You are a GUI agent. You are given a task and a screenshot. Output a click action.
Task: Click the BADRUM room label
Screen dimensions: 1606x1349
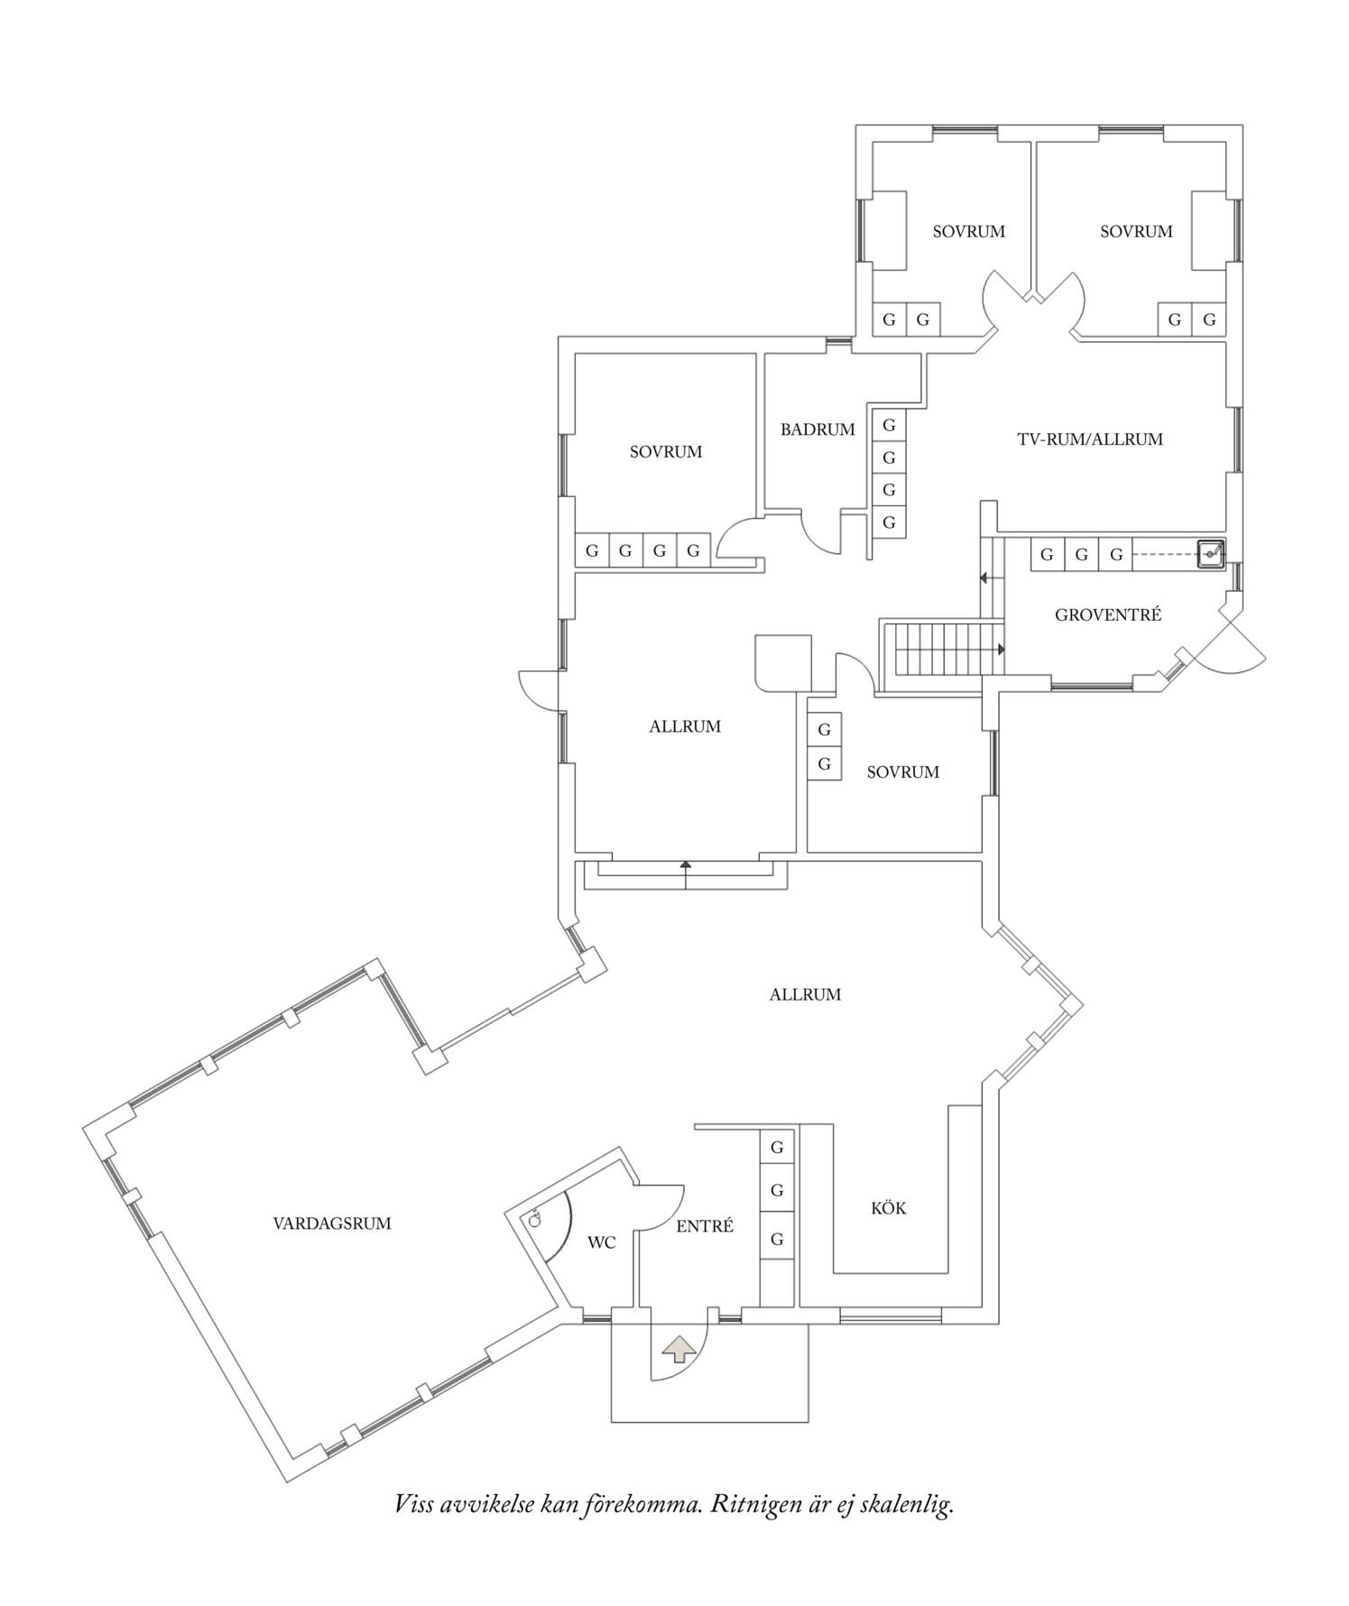click(818, 429)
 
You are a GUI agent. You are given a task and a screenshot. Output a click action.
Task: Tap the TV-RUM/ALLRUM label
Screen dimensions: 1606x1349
click(1090, 439)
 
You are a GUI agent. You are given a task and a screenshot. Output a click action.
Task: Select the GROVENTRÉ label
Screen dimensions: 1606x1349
click(1108, 615)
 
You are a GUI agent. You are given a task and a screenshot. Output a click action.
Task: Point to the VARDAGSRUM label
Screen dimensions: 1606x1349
click(332, 1223)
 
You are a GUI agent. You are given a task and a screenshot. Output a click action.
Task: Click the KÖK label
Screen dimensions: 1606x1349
click(889, 1208)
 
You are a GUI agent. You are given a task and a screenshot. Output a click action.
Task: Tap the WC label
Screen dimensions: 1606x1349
click(602, 1242)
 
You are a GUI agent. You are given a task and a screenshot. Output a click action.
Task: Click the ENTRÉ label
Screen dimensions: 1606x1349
click(705, 1226)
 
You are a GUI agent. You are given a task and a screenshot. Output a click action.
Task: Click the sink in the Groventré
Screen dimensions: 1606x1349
click(1210, 553)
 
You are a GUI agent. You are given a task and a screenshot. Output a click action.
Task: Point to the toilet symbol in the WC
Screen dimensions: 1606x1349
click(535, 1220)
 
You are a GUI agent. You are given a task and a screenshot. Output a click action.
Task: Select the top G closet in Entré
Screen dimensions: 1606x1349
click(777, 1148)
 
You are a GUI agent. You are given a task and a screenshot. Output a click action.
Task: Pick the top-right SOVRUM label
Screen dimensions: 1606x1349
click(1136, 231)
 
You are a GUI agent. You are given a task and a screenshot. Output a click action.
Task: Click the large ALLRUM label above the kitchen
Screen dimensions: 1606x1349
click(805, 994)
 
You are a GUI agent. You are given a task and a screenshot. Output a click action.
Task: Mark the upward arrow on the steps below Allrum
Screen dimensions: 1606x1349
click(685, 867)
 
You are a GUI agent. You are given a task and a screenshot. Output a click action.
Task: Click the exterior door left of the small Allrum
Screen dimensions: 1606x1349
click(534, 691)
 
